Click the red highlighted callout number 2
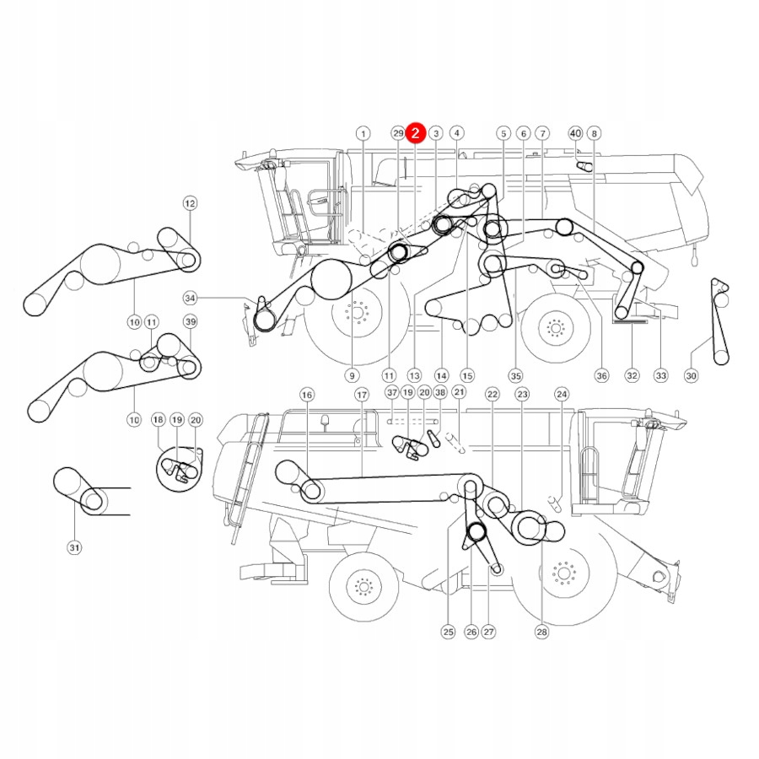pyautogui.click(x=415, y=132)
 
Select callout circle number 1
pyautogui.click(x=363, y=133)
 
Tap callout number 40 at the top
pyautogui.click(x=575, y=133)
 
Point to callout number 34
pyautogui.click(x=190, y=298)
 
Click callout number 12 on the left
pyautogui.click(x=189, y=203)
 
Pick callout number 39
pyautogui.click(x=190, y=322)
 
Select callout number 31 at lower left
pyautogui.click(x=74, y=548)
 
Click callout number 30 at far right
pyautogui.click(x=692, y=375)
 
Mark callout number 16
pyautogui.click(x=306, y=395)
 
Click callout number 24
pyautogui.click(x=562, y=395)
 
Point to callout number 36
pyautogui.click(x=601, y=375)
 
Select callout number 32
pyautogui.click(x=632, y=375)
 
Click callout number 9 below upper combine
pyautogui.click(x=352, y=375)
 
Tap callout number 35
pyautogui.click(x=515, y=375)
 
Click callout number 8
pyautogui.click(x=595, y=133)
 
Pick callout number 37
pyautogui.click(x=391, y=393)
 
